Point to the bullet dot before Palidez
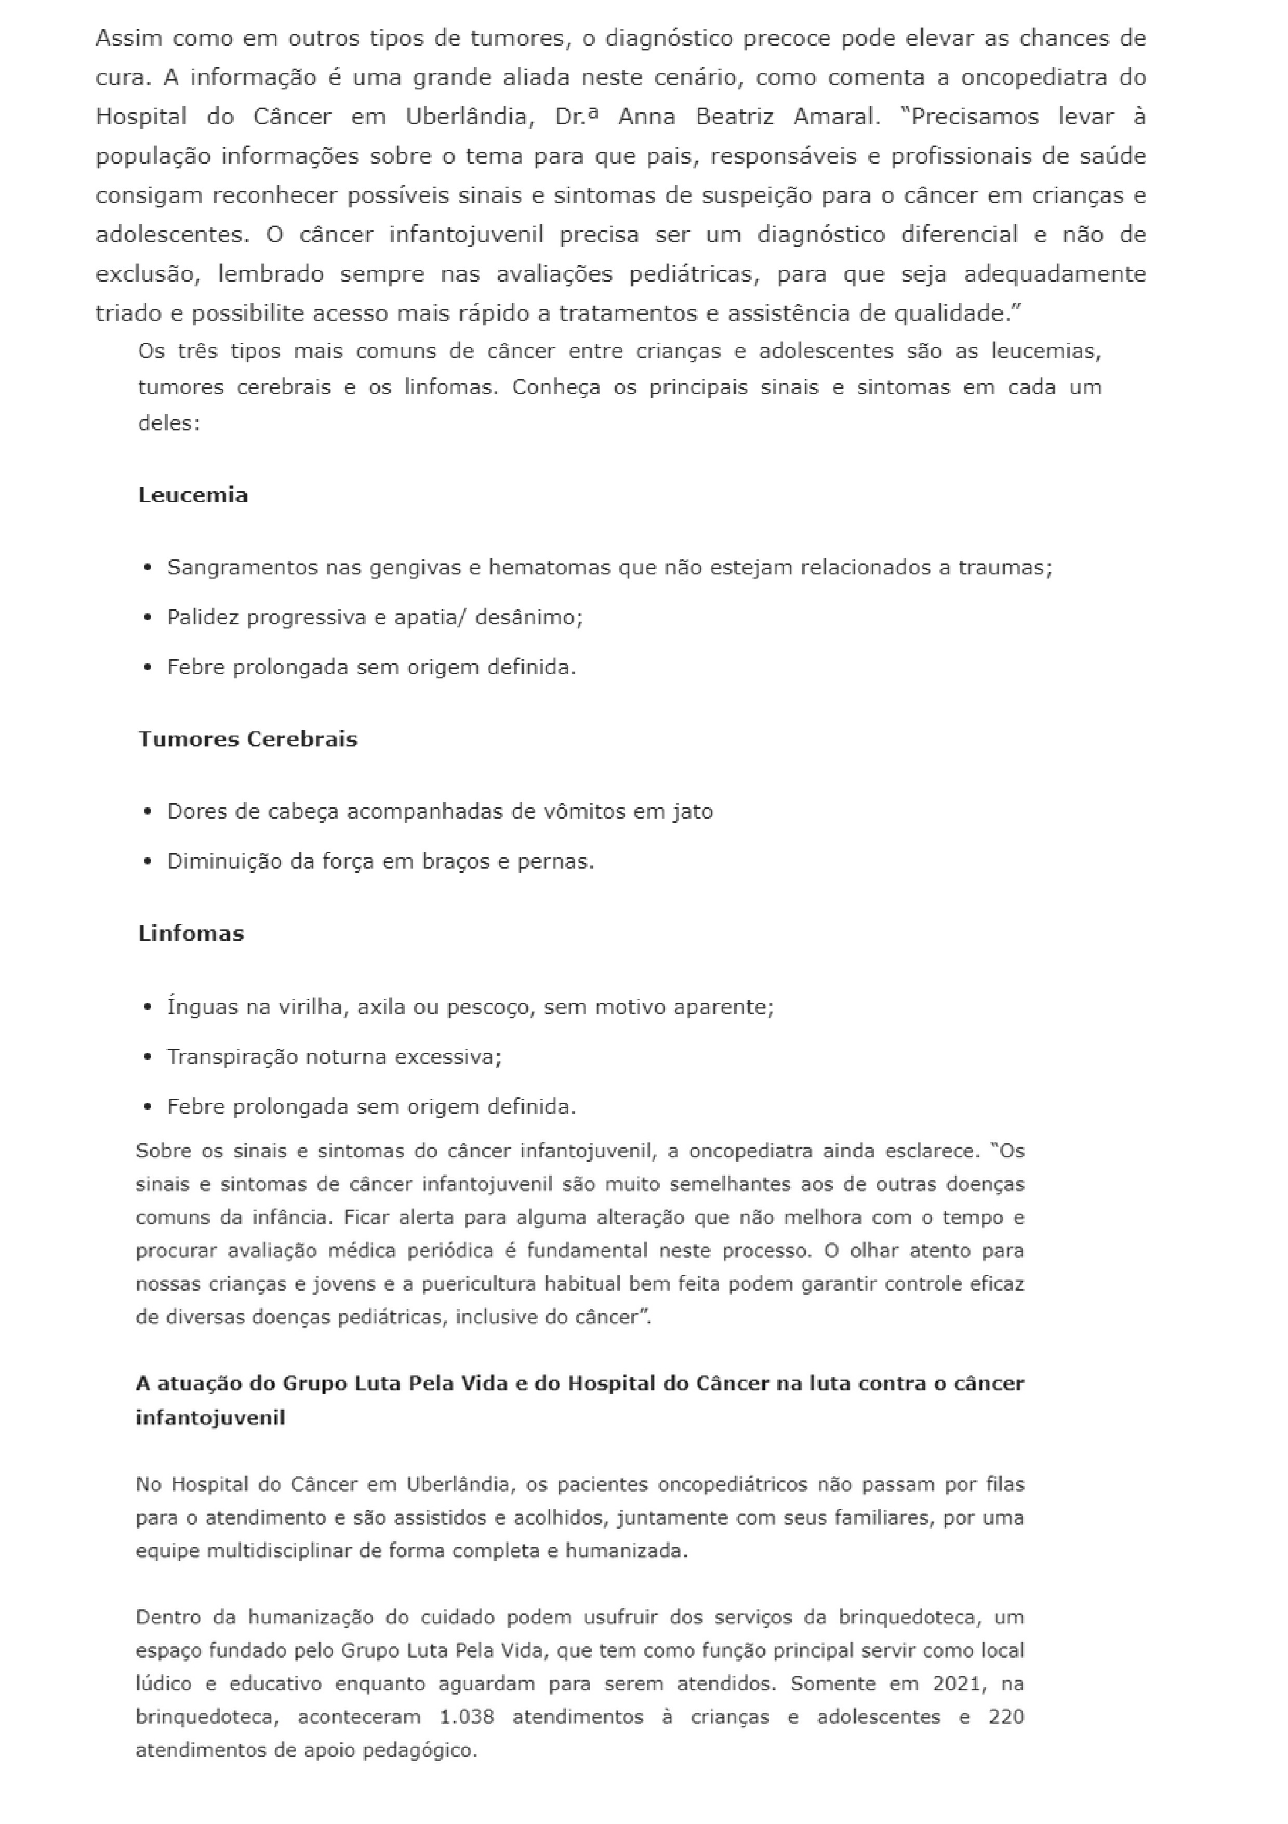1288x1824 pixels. (x=148, y=618)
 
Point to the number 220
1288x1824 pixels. (x=1006, y=1717)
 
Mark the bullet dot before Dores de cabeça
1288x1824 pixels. (x=148, y=812)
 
